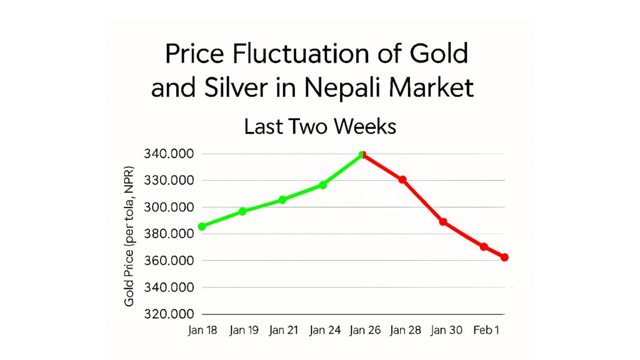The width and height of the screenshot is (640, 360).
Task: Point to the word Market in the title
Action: click(431, 88)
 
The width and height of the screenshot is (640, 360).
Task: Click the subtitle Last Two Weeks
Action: click(319, 127)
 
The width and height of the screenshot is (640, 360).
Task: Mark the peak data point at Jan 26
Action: click(362, 154)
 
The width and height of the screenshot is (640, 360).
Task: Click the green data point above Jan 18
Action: click(202, 226)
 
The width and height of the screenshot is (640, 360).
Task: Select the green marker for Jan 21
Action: click(282, 200)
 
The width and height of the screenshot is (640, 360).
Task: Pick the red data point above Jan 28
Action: click(403, 180)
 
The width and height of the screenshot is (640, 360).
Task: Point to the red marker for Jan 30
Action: click(443, 222)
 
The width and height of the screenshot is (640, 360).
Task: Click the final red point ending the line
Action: click(504, 257)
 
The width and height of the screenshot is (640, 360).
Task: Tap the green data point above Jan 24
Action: click(322, 185)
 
